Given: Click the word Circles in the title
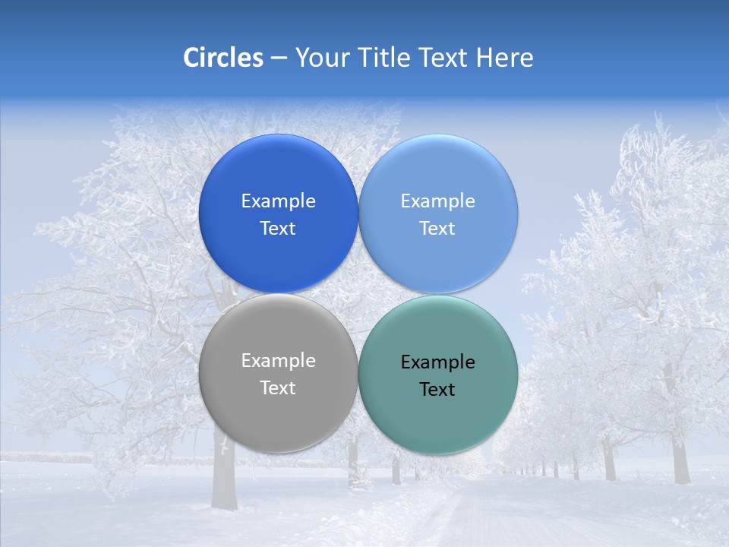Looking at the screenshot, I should click(x=222, y=58).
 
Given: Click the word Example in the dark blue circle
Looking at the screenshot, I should click(x=278, y=201).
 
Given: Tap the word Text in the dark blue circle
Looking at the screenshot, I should click(x=278, y=229).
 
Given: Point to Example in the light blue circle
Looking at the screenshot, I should click(x=438, y=201).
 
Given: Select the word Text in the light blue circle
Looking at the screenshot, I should click(x=438, y=229).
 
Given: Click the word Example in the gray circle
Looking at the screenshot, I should click(x=278, y=361).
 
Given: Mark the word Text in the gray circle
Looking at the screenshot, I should click(x=278, y=388).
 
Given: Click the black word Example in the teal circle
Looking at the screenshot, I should click(x=438, y=362).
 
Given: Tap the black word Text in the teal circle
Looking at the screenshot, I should click(x=438, y=390).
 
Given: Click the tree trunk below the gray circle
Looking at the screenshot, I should click(x=224, y=479).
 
